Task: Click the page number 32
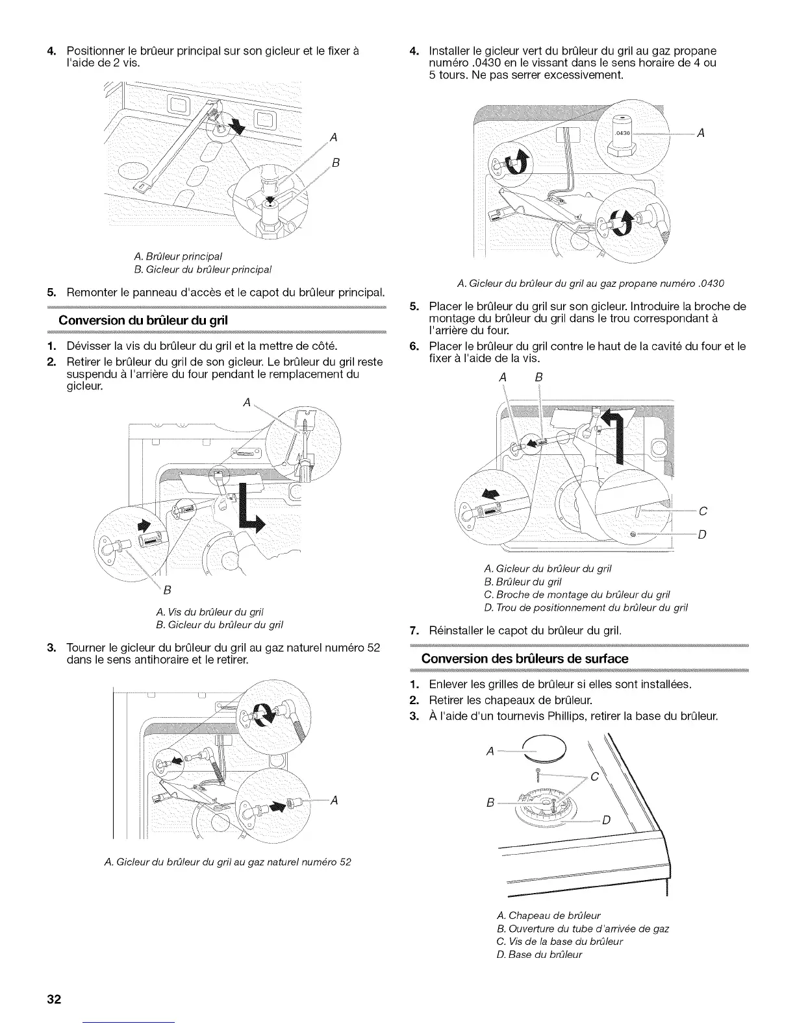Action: [x=53, y=998]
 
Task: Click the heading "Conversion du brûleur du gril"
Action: [x=144, y=321]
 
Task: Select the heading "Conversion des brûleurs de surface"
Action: [x=525, y=659]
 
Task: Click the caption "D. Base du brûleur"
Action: [x=539, y=954]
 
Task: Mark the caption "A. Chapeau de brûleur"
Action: [x=548, y=916]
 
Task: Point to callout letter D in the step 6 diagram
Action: [x=702, y=534]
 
